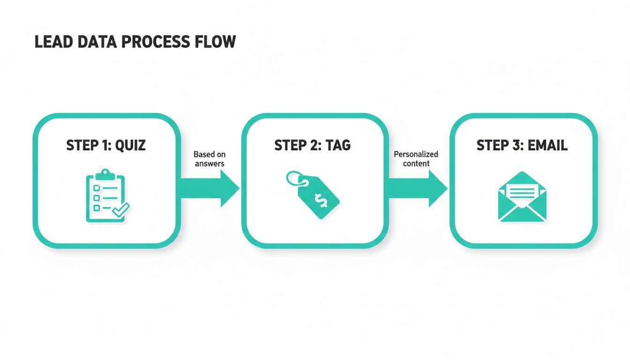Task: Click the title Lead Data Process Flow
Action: tap(135, 42)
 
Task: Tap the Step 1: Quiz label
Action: tap(106, 145)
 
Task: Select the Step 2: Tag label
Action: tap(312, 145)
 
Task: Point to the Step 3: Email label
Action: tap(522, 145)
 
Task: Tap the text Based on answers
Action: tap(210, 159)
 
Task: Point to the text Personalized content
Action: tap(416, 159)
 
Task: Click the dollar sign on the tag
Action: tap(322, 201)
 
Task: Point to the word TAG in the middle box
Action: tap(338, 145)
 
